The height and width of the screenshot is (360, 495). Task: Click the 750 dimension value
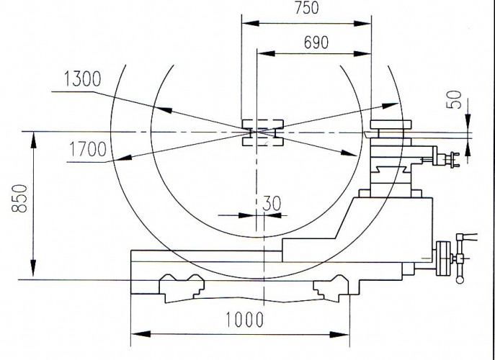(307, 8)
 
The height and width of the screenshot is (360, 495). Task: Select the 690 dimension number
(316, 42)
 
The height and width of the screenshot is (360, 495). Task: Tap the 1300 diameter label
(83, 79)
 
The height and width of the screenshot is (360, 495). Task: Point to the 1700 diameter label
(88, 149)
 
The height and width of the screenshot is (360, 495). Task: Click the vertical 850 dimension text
(19, 199)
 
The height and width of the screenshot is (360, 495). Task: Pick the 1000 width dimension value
(245, 320)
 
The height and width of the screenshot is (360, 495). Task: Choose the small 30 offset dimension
(272, 204)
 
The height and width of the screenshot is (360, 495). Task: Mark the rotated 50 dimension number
(454, 99)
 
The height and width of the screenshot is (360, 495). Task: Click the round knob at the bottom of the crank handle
(460, 280)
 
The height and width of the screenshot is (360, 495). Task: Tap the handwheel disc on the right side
(444, 258)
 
